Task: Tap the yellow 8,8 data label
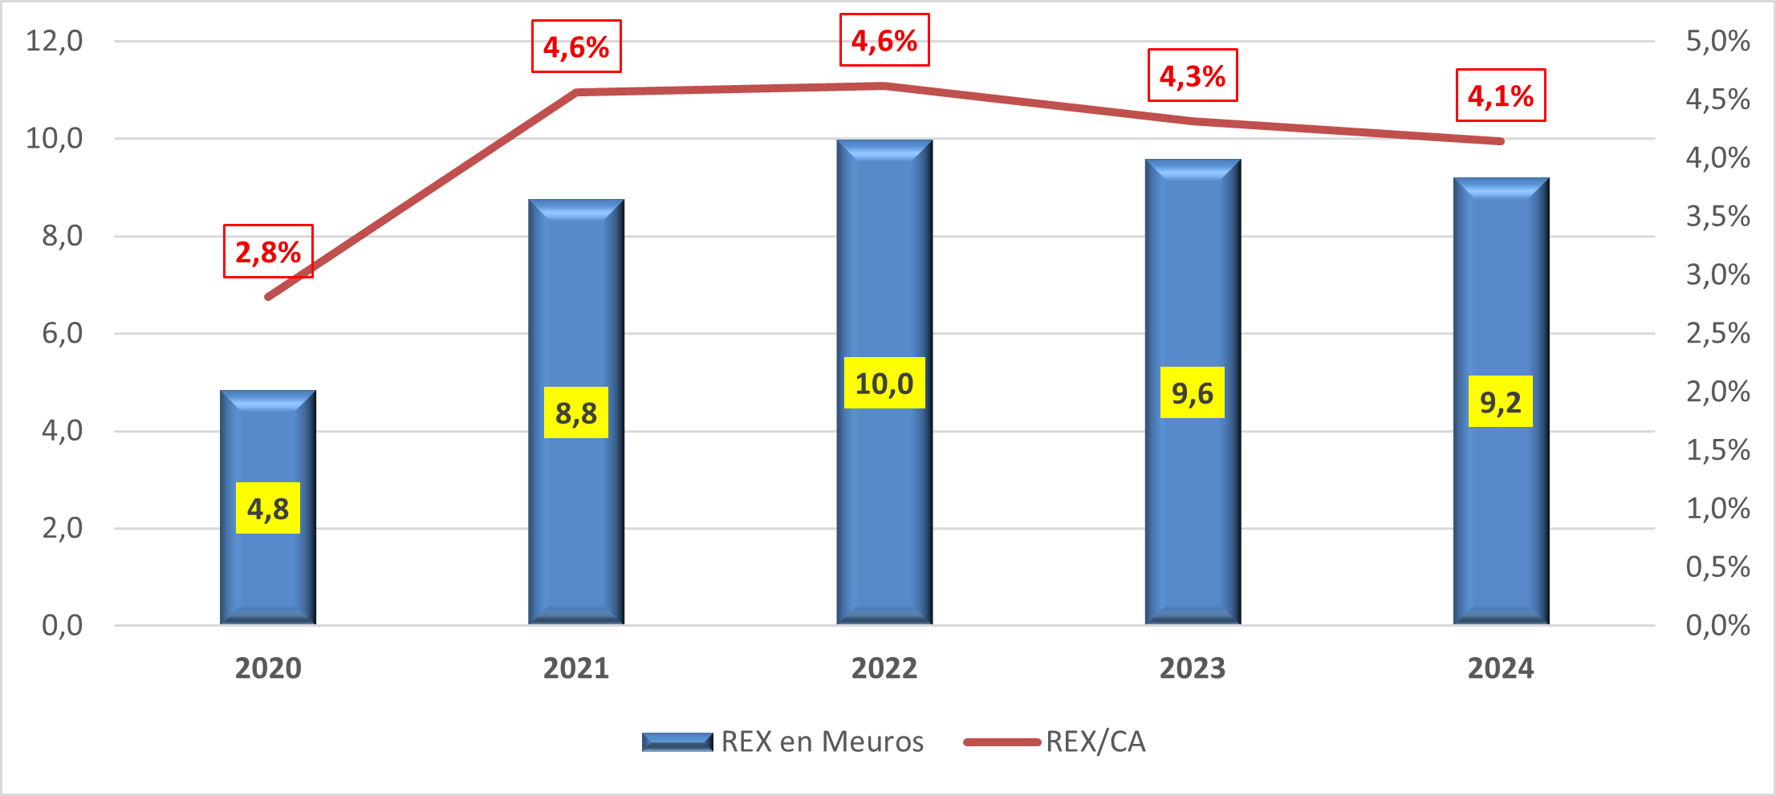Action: point(576,412)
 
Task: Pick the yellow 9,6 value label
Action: point(1193,392)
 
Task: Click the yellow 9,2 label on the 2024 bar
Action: point(1501,401)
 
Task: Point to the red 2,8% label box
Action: point(268,251)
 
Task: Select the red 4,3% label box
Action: point(1193,75)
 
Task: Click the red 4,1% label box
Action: point(1501,95)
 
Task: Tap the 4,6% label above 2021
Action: point(576,47)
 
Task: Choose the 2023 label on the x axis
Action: point(1193,668)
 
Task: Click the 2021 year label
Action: point(576,668)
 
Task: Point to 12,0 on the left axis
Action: point(55,40)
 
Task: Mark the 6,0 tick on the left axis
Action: point(63,333)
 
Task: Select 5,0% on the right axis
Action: point(1717,41)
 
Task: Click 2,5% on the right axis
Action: point(1717,333)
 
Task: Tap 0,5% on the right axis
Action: point(1717,567)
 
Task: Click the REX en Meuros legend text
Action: point(823,741)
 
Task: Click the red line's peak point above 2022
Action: point(884,85)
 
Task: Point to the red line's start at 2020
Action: point(268,297)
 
